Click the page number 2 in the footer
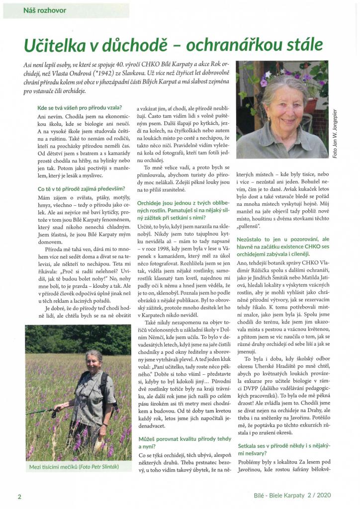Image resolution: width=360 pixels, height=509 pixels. point(19,496)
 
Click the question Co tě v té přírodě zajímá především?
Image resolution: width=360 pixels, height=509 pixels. point(81,188)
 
